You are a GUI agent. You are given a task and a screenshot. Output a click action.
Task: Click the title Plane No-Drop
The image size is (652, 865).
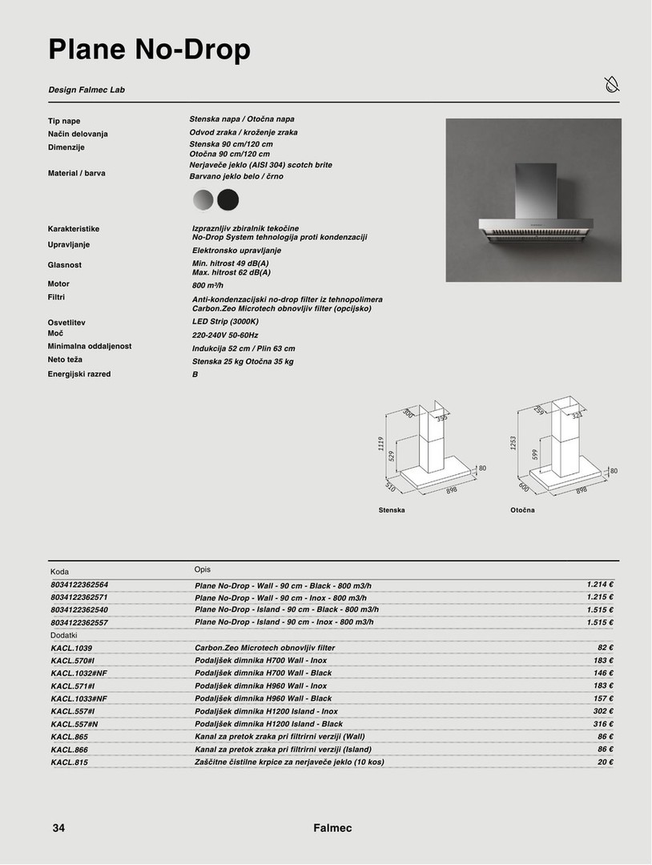[x=149, y=50]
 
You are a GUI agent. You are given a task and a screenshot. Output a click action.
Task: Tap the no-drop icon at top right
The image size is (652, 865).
[x=611, y=84]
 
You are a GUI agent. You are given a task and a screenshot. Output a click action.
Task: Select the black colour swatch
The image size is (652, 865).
[x=228, y=199]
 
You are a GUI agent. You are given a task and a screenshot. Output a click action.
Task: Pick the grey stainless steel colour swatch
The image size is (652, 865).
[x=203, y=199]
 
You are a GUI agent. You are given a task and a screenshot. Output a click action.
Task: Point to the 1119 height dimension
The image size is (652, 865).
[x=381, y=444]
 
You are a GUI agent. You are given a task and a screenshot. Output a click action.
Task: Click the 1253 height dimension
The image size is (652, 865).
[x=513, y=443]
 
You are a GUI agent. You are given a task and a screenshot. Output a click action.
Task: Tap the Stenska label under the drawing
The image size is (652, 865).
[x=392, y=510]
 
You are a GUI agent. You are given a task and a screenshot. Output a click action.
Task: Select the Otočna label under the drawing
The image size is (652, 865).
[x=522, y=510]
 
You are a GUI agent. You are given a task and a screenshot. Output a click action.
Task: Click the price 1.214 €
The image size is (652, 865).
[x=599, y=585]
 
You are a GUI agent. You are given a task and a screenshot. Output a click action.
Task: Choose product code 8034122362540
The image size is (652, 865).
[x=79, y=610]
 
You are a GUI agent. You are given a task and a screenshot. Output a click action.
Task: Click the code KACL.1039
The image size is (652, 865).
[x=71, y=648]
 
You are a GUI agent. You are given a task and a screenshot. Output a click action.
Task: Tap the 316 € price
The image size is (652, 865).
[x=603, y=724]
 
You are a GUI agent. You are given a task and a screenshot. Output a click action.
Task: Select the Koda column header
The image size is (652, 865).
[x=60, y=572]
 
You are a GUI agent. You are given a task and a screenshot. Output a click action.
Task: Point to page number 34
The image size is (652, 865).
[x=58, y=828]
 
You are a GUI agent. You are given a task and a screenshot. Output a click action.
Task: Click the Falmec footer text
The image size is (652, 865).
[x=332, y=828]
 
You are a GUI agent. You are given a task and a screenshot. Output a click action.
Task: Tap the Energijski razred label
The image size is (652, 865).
[x=79, y=374]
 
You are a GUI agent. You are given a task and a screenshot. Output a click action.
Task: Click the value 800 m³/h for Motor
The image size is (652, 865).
[x=207, y=285]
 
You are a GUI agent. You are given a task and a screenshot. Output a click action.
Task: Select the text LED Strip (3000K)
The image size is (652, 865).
[x=225, y=321]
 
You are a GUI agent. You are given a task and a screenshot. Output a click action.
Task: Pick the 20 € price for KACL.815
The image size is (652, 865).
[x=606, y=762]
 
